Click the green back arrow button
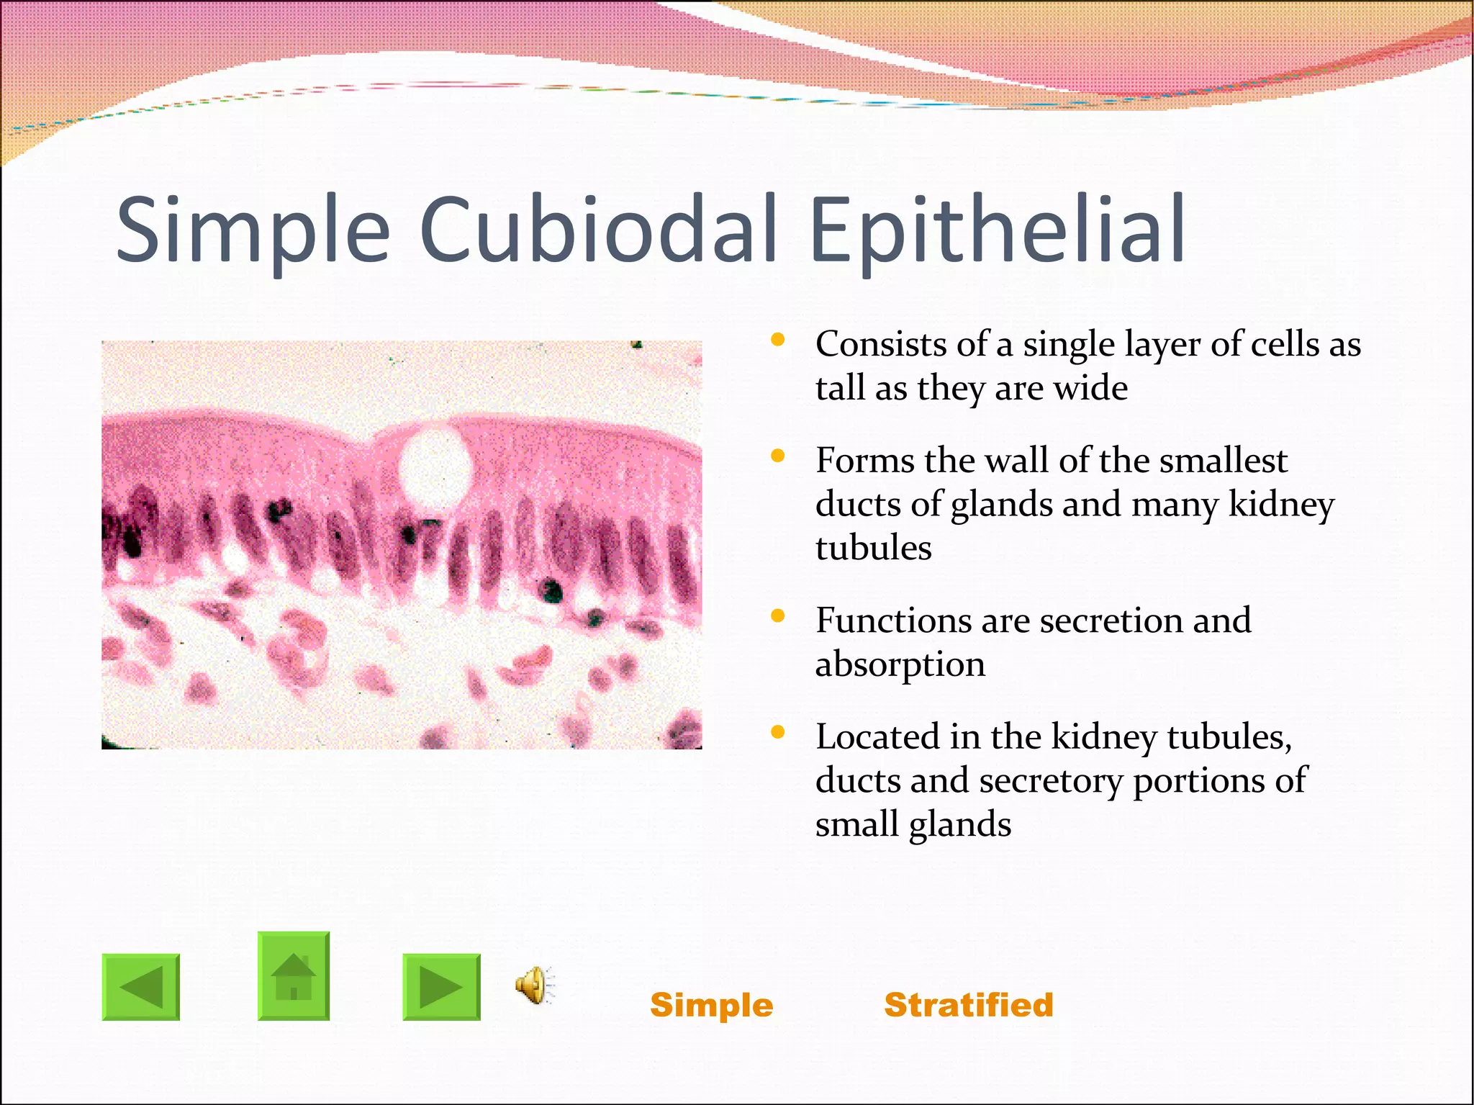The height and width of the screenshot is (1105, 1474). [141, 987]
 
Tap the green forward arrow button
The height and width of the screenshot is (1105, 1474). [441, 987]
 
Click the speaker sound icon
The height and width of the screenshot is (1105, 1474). [533, 985]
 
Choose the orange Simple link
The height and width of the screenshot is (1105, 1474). [711, 1005]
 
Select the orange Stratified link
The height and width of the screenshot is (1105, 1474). [968, 1005]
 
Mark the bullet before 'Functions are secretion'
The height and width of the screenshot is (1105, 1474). [777, 615]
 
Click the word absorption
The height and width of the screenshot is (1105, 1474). [900, 664]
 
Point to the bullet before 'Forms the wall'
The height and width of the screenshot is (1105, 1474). [777, 456]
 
